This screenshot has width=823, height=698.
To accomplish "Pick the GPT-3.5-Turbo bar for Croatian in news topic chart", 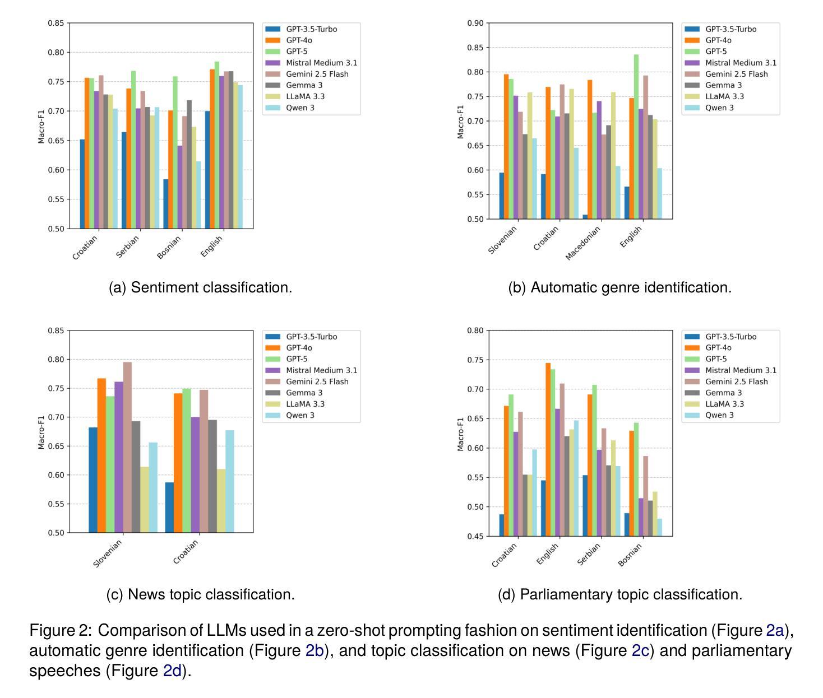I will (x=169, y=507).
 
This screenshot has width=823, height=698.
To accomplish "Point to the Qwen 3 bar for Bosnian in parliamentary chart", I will (x=659, y=527).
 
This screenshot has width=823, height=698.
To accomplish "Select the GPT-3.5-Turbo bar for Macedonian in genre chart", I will (x=585, y=217).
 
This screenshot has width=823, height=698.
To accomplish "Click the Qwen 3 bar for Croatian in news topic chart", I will (x=230, y=481).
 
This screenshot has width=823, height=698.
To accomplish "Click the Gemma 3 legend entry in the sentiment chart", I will (x=304, y=85).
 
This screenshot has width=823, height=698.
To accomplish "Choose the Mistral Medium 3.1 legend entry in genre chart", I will (x=741, y=63).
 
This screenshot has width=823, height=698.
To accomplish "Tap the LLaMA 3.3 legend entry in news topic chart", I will (x=305, y=404).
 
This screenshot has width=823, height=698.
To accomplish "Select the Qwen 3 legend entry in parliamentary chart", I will (x=719, y=415).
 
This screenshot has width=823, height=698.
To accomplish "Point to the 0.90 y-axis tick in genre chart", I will (x=475, y=23).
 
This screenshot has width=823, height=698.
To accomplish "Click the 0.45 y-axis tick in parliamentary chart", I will (x=475, y=536).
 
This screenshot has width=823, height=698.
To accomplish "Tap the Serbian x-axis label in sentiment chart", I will (x=128, y=246).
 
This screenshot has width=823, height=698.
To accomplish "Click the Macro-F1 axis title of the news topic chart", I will (x=41, y=432).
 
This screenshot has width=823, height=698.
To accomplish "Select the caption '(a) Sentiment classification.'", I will (x=200, y=287).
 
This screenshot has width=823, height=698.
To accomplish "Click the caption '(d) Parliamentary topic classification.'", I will (x=619, y=594).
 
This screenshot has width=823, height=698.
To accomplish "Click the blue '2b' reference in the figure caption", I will (x=315, y=650).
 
